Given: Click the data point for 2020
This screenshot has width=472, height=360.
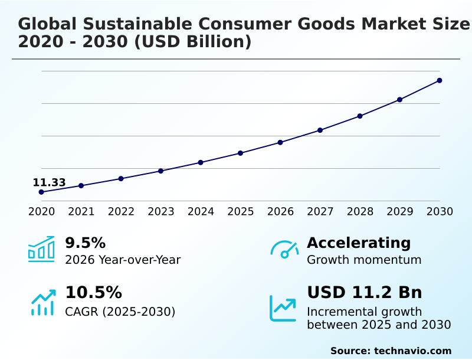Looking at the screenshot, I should [41, 192].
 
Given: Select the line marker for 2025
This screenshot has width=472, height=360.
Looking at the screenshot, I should [241, 153].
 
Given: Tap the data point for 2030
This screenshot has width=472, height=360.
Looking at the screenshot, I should [440, 80].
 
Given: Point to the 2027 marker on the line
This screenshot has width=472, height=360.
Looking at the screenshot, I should [320, 130].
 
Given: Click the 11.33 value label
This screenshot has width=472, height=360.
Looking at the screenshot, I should [49, 182].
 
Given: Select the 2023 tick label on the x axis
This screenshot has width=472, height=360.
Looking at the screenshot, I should [161, 211].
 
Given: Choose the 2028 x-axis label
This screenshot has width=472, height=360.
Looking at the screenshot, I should [360, 211].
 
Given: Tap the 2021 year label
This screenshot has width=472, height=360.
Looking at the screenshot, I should [81, 211].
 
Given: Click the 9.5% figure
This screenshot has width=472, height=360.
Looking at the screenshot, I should [85, 243].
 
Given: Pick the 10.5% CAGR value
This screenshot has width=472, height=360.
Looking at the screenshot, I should [93, 293].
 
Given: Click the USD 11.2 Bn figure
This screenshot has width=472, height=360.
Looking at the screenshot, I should [365, 293].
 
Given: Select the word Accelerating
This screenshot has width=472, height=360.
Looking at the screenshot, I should [359, 243].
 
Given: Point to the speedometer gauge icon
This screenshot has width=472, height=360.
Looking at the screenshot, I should [284, 250].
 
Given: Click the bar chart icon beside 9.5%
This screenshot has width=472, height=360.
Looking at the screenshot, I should [41, 250].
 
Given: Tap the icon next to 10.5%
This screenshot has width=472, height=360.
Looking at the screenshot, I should [42, 302].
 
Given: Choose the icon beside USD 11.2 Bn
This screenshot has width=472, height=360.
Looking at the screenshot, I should [283, 308].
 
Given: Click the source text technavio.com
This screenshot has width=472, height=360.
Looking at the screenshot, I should [412, 351].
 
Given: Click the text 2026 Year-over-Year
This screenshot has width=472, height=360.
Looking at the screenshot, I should [123, 260].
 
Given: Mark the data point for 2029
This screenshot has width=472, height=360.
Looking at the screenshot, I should [400, 100].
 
